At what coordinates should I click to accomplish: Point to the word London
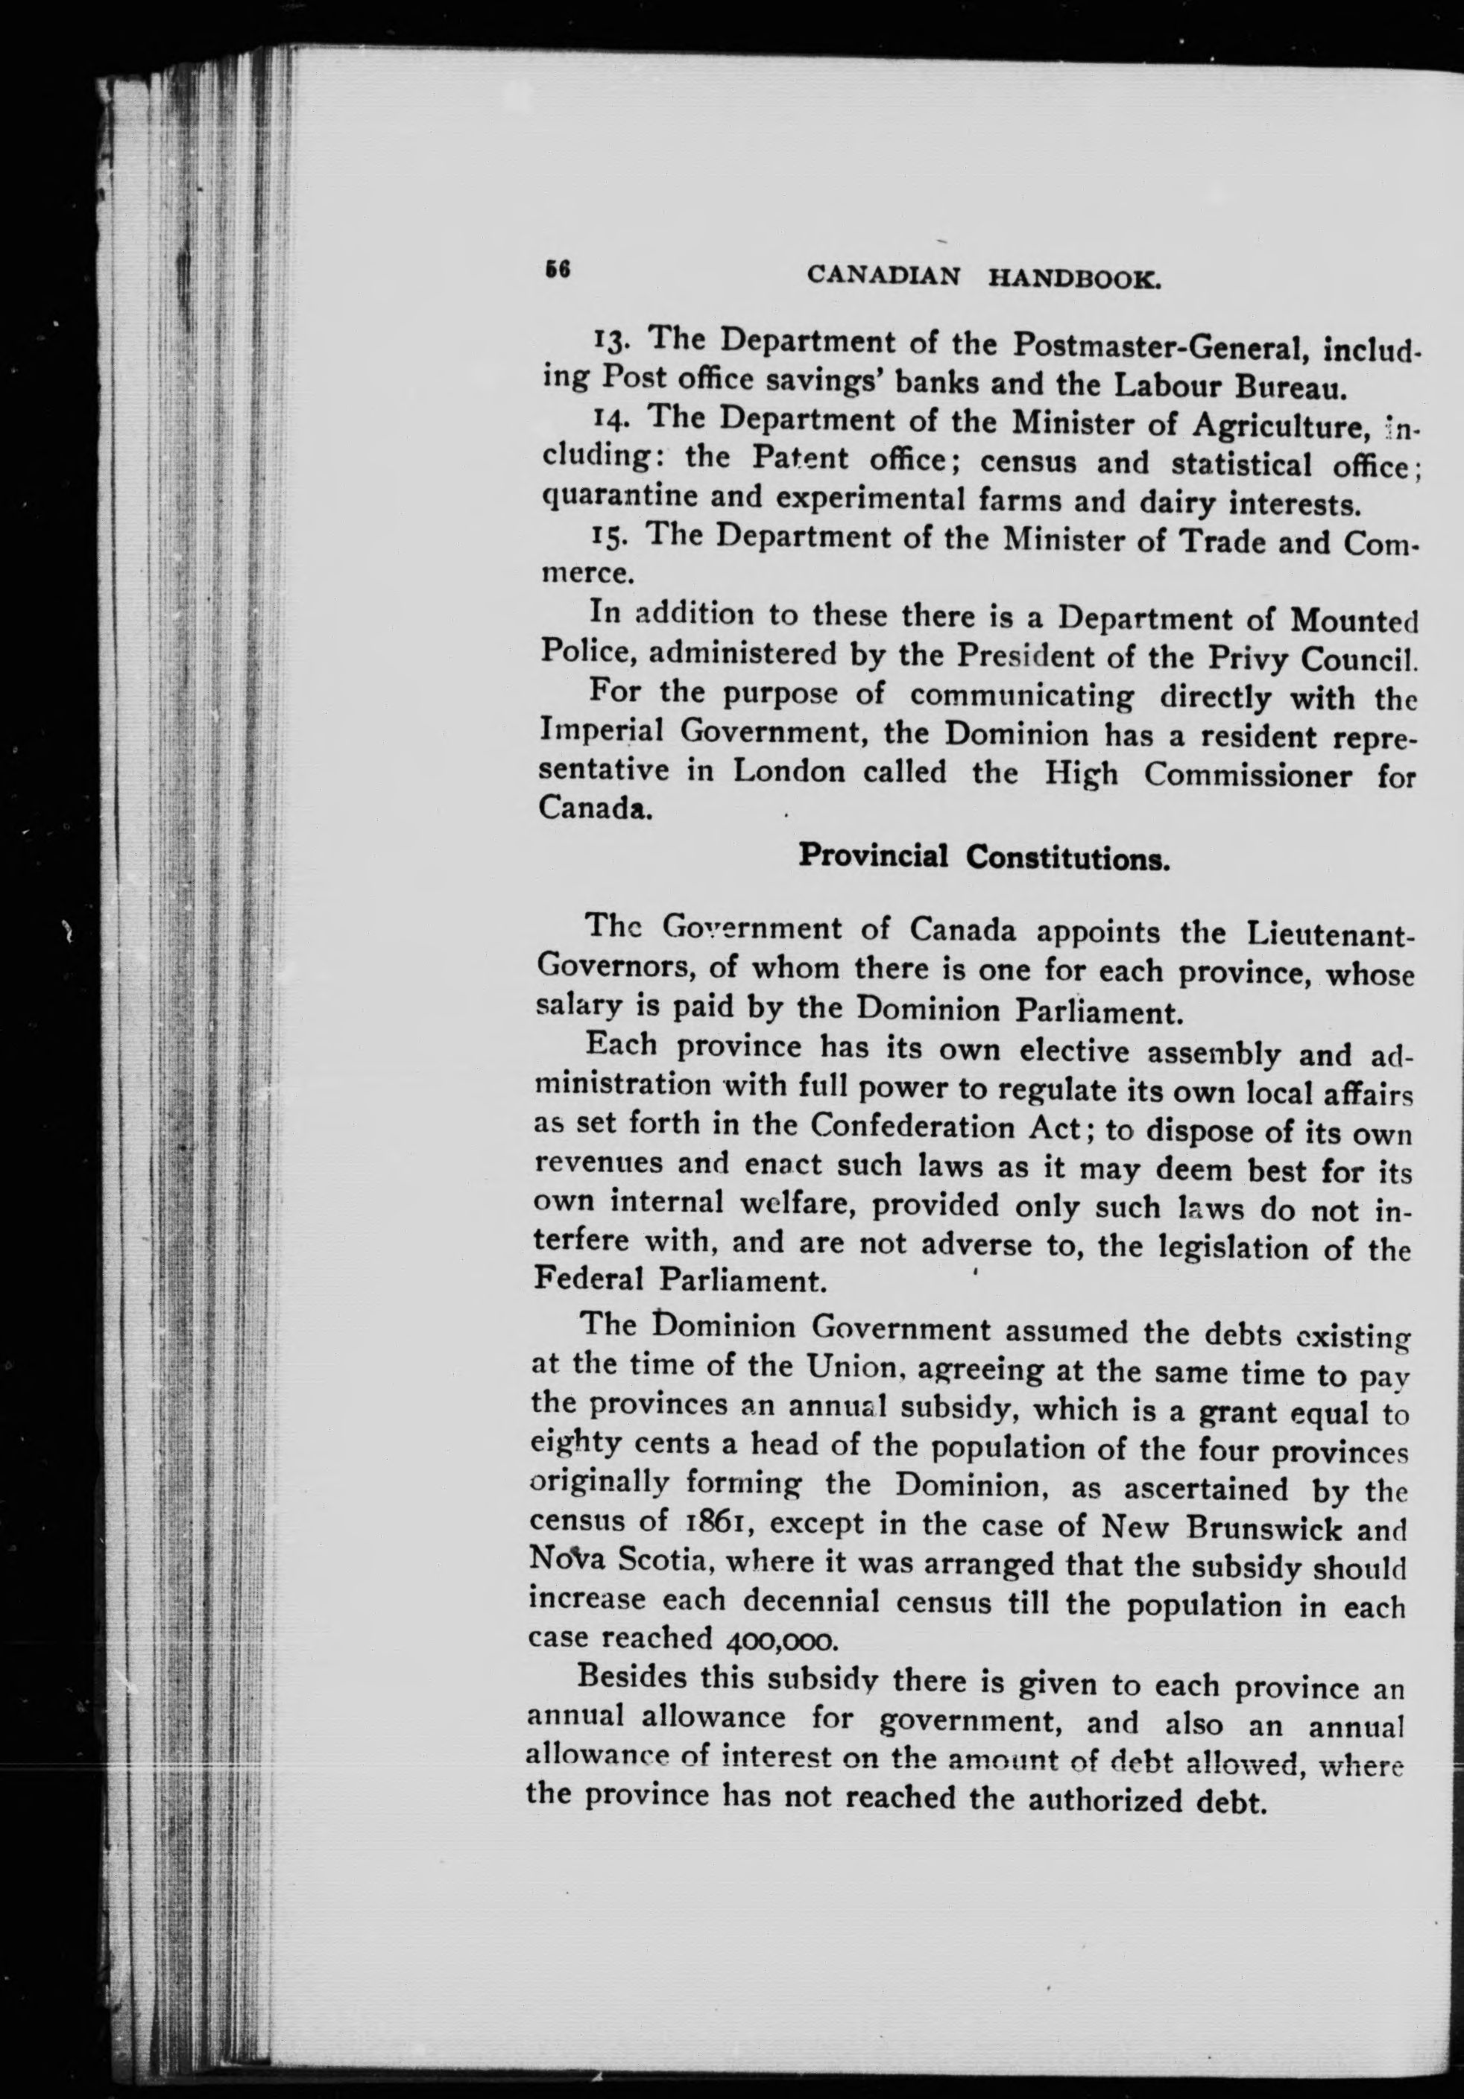click(788, 773)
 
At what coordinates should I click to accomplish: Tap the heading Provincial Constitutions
click(984, 857)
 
